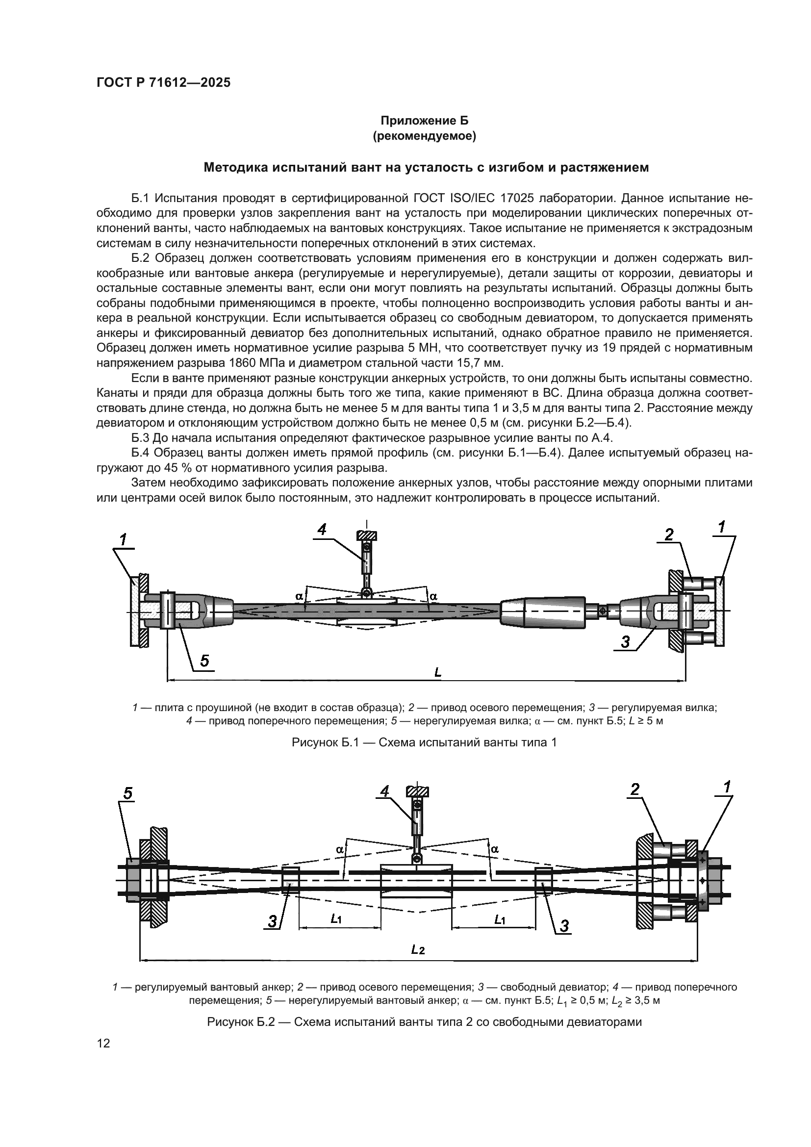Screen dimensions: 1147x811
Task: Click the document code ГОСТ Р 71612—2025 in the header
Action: click(x=163, y=83)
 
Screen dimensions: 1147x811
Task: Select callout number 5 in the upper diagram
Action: click(x=205, y=661)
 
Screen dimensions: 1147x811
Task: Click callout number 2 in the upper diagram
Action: click(x=669, y=535)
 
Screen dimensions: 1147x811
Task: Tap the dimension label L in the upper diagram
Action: click(x=438, y=672)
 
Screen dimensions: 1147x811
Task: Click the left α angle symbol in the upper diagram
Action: click(x=299, y=596)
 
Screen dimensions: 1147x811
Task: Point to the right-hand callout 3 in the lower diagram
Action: click(x=564, y=926)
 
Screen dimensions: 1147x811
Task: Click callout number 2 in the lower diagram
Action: click(x=635, y=789)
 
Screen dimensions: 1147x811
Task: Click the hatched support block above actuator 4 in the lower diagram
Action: click(x=417, y=792)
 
